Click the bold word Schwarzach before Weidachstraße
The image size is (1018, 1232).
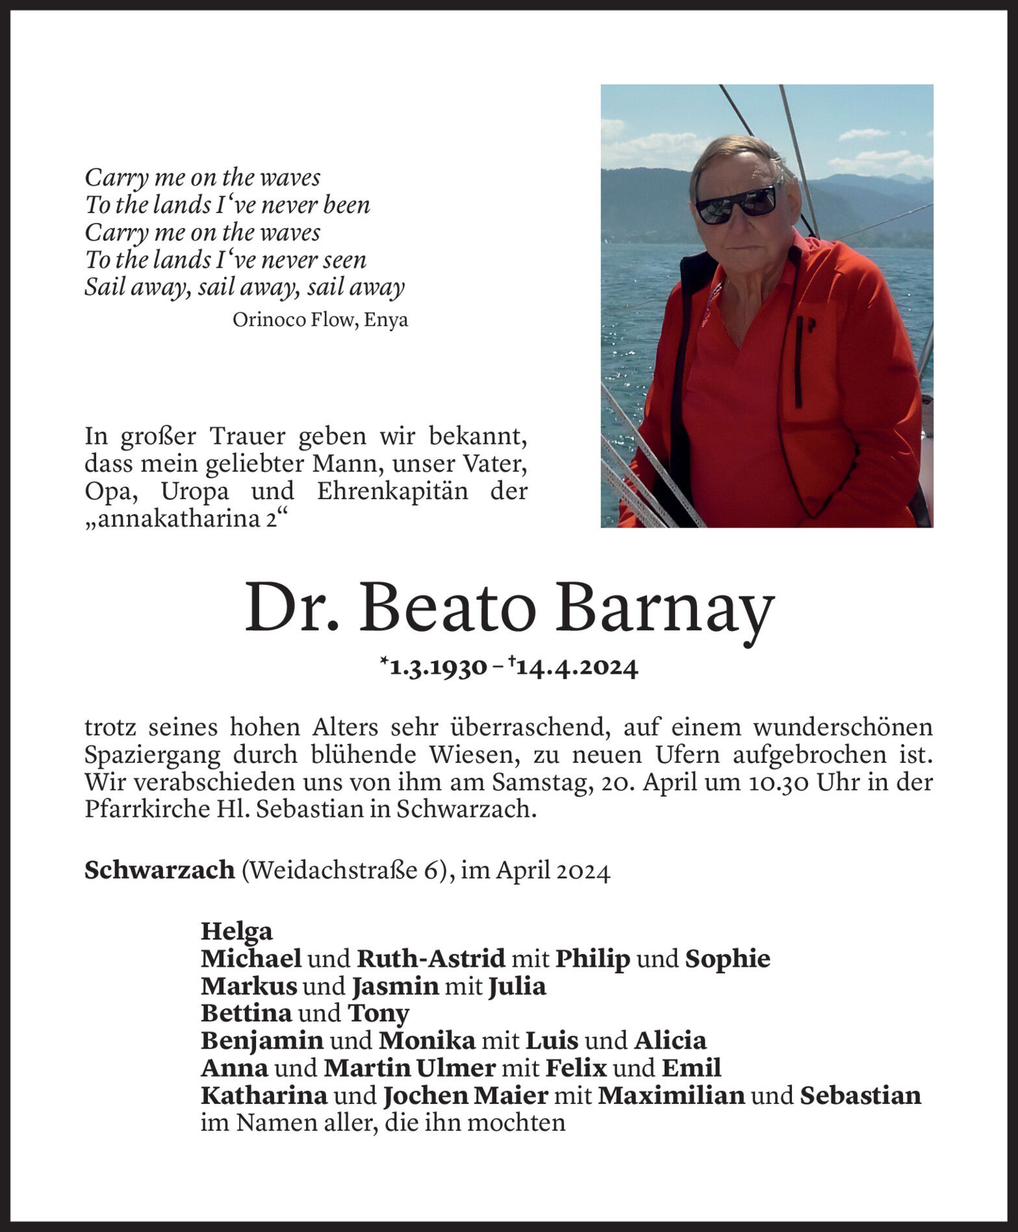[159, 869]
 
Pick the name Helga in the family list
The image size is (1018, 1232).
[236, 931]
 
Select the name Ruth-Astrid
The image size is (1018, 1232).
[431, 958]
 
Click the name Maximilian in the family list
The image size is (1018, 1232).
[671, 1096]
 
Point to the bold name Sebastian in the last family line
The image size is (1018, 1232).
[860, 1096]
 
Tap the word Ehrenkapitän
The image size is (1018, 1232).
[392, 491]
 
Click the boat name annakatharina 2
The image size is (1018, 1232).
[186, 519]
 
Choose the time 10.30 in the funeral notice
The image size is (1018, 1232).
[778, 782]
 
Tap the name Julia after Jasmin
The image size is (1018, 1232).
[517, 986]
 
